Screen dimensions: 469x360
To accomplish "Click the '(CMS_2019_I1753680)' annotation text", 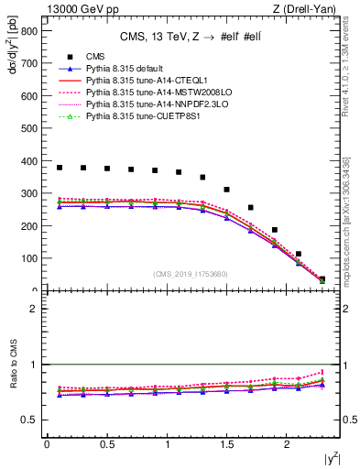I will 190,274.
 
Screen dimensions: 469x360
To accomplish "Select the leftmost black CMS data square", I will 60,168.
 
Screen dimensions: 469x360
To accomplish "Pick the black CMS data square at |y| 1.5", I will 226,190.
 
